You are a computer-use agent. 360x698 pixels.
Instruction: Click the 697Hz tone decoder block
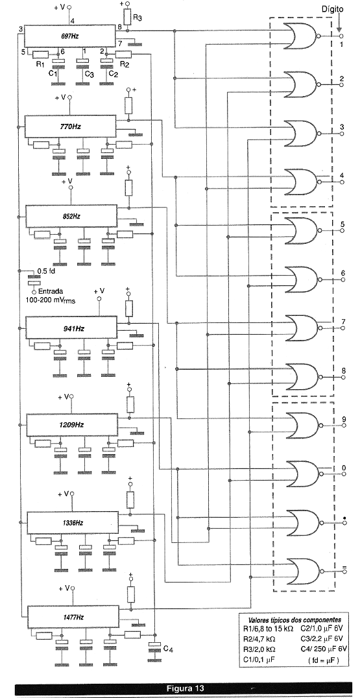click(68, 36)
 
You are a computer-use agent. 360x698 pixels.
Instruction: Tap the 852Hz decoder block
click(71, 217)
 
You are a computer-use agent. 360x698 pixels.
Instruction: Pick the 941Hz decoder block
click(71, 328)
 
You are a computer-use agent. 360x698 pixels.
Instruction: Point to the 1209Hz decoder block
click(72, 425)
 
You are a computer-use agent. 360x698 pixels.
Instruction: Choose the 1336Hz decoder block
click(73, 522)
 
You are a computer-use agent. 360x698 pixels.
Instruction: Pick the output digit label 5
click(342, 224)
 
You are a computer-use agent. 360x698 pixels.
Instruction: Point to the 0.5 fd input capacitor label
click(46, 271)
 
